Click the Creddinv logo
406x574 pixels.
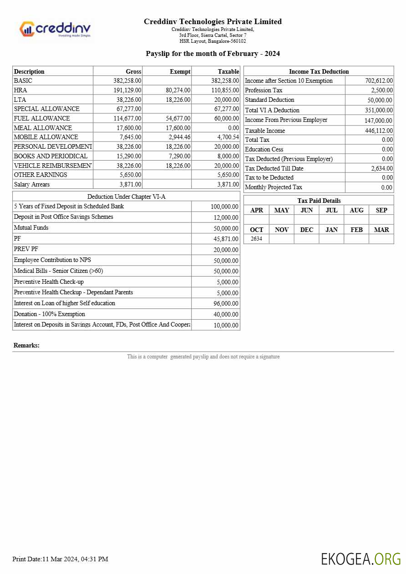[x=55, y=29]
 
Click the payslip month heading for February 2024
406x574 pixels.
[x=213, y=54]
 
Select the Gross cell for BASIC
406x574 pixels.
[x=127, y=81]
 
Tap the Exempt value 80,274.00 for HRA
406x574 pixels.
[x=178, y=90]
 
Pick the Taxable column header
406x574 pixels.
[x=228, y=71]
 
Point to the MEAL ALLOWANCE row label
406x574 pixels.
[x=43, y=128]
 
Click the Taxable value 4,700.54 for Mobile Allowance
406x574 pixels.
[x=226, y=137]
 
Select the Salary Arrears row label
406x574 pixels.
[x=32, y=184]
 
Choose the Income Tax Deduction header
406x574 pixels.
[x=319, y=71]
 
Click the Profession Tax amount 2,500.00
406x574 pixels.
[x=381, y=90]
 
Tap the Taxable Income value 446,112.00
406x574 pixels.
[x=379, y=131]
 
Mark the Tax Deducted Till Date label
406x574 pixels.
[x=274, y=168]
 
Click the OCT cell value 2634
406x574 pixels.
[x=256, y=239]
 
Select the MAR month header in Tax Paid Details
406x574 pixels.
[x=381, y=230]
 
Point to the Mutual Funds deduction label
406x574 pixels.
[x=31, y=228]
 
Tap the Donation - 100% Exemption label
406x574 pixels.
[x=49, y=314]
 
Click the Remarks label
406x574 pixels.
[x=26, y=346]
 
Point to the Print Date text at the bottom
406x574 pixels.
[x=60, y=559]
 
